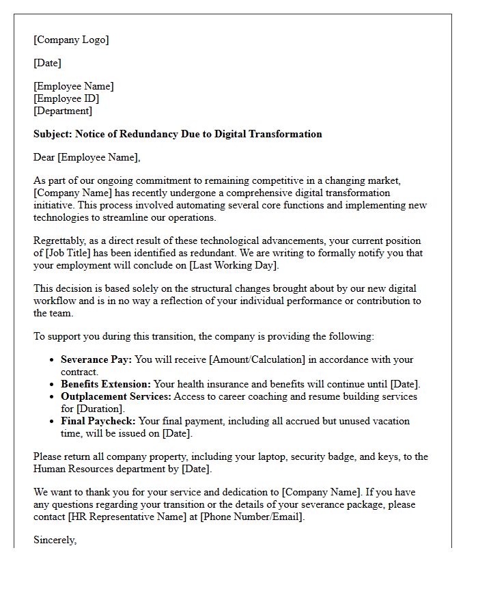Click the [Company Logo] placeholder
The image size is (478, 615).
(x=71, y=40)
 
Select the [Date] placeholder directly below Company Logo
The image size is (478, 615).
(x=47, y=63)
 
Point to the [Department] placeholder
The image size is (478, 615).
(x=63, y=111)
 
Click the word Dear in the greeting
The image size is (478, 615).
(x=44, y=157)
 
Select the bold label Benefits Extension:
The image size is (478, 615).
(x=106, y=384)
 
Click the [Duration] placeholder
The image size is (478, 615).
(x=101, y=409)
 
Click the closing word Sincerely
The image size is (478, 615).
(x=55, y=540)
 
